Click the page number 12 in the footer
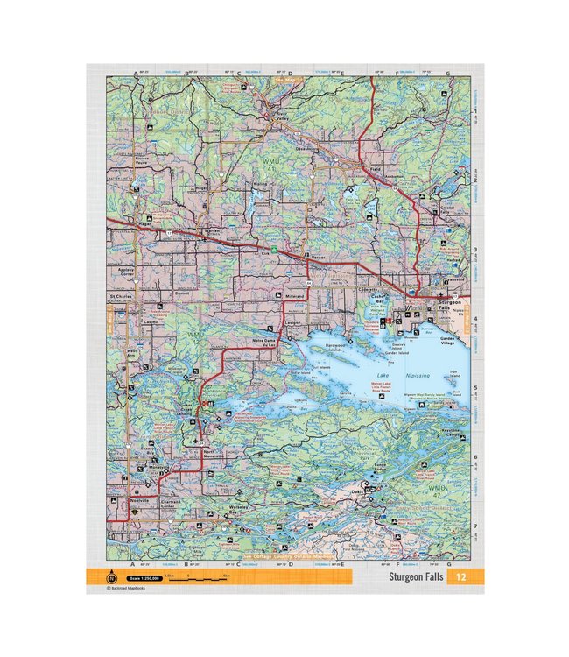(457, 577)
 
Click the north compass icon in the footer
(111, 578)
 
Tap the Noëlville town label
(140, 500)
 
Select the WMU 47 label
(436, 491)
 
